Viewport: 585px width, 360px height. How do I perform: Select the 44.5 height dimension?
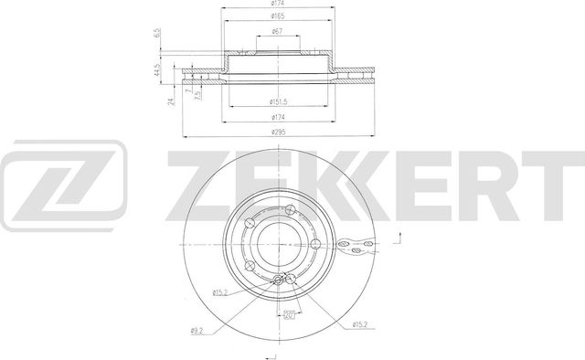click(160, 69)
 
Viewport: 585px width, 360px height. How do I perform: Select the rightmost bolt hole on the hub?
click(314, 244)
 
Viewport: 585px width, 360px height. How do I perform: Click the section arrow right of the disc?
click(399, 239)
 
